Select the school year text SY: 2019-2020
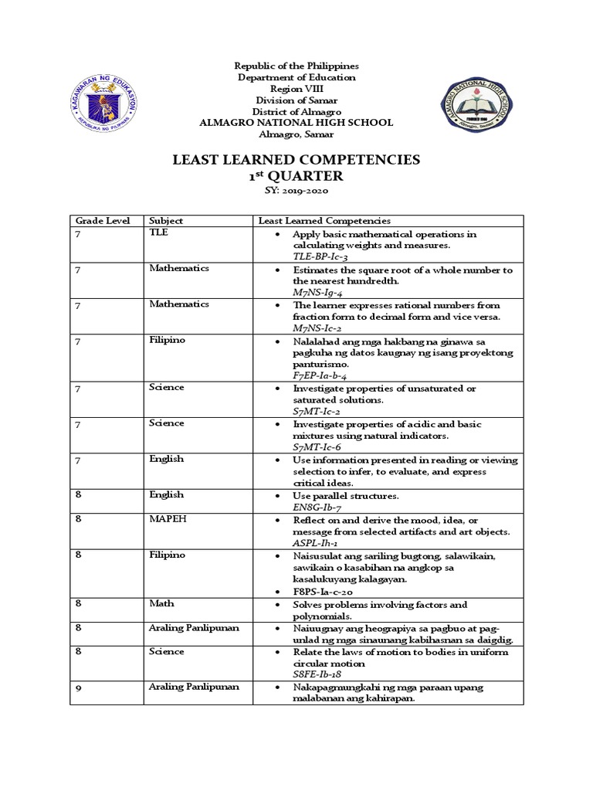(296, 192)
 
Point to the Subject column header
(166, 221)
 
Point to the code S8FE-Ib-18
(320, 674)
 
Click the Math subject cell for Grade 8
(162, 603)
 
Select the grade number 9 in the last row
(78, 686)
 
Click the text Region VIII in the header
(296, 89)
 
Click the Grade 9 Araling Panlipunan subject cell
(194, 686)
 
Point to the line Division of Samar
(296, 100)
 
